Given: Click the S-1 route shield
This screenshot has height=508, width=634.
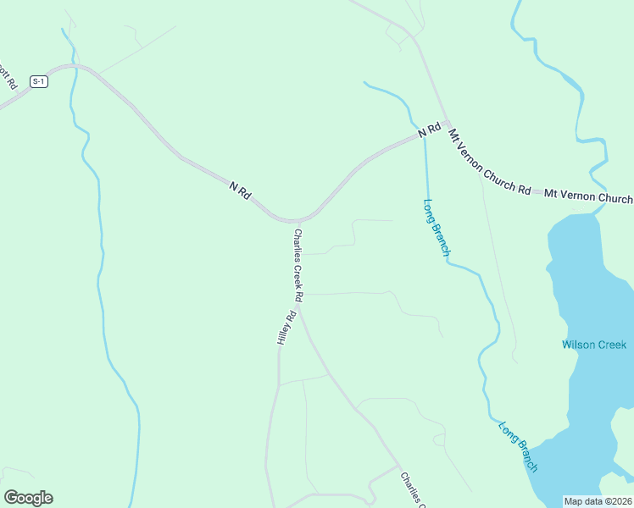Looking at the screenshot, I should coord(38,81).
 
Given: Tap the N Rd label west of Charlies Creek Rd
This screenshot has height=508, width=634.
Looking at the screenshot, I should coord(241,190).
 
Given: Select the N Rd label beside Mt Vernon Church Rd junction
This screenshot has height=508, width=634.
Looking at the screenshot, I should coord(430,130).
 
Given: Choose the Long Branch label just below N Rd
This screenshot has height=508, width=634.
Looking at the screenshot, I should coord(436,228).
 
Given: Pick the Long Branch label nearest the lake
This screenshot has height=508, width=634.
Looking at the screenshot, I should coord(518,446).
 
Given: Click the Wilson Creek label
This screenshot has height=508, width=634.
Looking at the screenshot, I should coord(594,345).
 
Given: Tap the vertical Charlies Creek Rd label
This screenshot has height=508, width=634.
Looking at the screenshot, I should coord(298,265).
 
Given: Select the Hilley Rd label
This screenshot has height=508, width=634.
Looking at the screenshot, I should coord(286,328).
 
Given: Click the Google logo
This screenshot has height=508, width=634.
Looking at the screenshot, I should coord(28,498).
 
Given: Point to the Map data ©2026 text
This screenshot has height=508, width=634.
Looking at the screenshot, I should coord(598,501).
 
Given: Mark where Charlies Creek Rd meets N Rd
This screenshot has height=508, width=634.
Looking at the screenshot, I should coord(298,220).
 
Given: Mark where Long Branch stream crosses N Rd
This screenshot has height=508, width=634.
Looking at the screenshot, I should coord(423,135).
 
